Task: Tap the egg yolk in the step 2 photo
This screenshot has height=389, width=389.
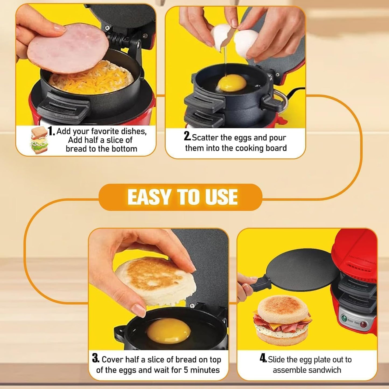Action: tap(232, 83)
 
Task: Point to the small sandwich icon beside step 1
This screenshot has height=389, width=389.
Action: tap(39, 140)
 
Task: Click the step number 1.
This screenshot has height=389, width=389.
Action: tap(51, 131)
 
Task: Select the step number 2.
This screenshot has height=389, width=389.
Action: tap(187, 136)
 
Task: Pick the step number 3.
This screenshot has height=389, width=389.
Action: tap(95, 358)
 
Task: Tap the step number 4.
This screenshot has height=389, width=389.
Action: tap(263, 358)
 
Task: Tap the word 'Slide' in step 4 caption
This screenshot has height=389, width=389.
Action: tap(276, 360)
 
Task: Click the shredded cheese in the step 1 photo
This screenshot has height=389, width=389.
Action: tap(92, 79)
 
